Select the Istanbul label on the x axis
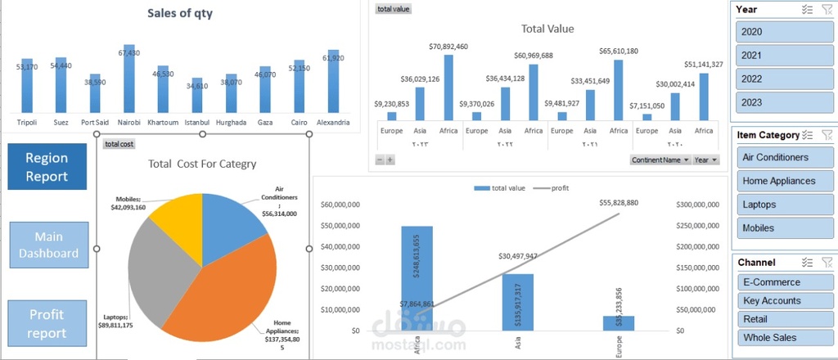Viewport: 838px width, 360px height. [197, 123]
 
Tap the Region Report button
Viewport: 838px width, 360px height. [47, 167]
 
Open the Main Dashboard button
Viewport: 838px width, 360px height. [49, 245]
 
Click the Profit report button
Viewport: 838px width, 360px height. [47, 323]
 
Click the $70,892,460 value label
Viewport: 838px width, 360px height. [448, 47]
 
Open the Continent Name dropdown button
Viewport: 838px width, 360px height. [660, 160]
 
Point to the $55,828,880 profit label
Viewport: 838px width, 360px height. [618, 202]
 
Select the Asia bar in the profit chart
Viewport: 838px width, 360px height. [518, 302]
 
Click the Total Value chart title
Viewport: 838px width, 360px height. [547, 29]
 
